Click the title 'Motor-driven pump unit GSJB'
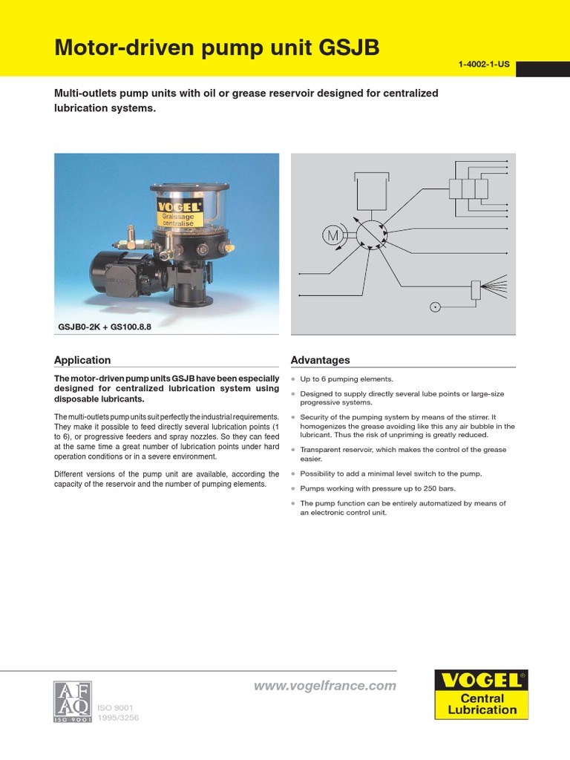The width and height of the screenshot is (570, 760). (217, 48)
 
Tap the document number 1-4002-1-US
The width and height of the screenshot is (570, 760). (484, 65)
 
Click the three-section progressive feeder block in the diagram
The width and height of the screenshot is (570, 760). (468, 189)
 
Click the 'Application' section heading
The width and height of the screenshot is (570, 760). (82, 360)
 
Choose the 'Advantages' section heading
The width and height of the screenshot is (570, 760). (320, 360)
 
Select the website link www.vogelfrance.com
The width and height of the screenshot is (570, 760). (325, 686)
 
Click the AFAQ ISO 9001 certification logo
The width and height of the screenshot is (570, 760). (72, 701)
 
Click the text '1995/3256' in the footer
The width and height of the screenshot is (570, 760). (114, 718)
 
